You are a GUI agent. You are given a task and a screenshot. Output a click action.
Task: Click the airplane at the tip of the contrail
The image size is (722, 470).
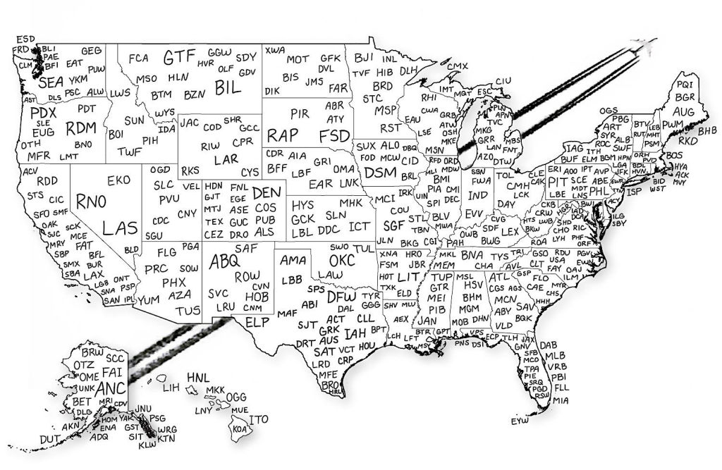coord(644,47)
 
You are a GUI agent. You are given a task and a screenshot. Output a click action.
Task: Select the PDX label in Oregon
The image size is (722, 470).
coord(43,113)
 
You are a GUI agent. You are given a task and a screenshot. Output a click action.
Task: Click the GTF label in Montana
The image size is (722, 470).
coord(179,58)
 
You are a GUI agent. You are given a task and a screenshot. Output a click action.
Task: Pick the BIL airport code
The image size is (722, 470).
coord(228,87)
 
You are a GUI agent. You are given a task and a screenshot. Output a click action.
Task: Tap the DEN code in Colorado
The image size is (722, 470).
coord(266,192)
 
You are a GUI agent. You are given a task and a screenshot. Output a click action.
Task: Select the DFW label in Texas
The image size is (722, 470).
coord(342,297)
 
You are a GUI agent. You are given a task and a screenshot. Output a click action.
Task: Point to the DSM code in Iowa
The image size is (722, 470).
coord(381,172)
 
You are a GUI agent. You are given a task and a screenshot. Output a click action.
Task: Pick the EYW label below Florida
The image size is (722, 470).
coord(519,421)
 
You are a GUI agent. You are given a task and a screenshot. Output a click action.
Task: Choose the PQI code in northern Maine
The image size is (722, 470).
coord(684,85)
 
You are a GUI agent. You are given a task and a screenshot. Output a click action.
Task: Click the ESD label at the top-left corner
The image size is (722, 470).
coord(25,38)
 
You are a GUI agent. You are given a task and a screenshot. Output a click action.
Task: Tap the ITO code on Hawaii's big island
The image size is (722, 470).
coord(259,419)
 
